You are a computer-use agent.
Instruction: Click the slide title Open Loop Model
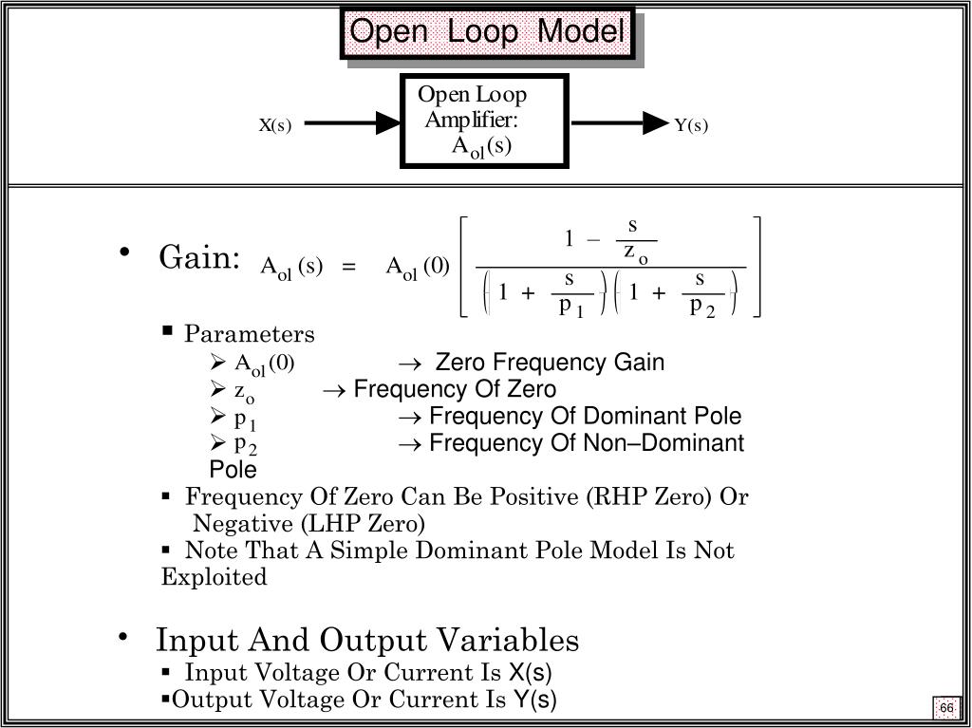click(487, 33)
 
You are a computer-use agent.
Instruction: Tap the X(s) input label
click(275, 125)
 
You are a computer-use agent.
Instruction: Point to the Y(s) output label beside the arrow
click(692, 125)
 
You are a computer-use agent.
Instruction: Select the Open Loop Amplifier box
click(484, 121)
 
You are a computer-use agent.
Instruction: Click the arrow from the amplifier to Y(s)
click(621, 122)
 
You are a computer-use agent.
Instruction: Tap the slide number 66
click(946, 709)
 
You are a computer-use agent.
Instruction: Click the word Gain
click(197, 257)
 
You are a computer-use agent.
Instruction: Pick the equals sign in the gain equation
click(349, 268)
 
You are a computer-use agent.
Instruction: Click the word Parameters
click(250, 334)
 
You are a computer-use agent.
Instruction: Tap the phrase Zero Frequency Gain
click(550, 363)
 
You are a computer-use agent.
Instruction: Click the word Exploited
click(214, 577)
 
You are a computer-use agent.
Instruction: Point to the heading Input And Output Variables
click(367, 640)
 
